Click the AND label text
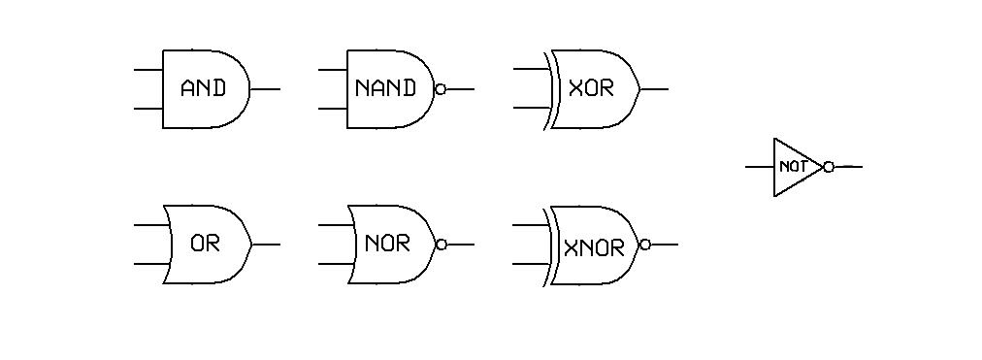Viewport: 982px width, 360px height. [203, 88]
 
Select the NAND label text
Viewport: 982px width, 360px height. [385, 88]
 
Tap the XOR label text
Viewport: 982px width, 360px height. [591, 88]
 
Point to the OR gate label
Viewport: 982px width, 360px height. [205, 244]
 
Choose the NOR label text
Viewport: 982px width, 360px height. [387, 244]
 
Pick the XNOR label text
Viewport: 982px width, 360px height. [594, 247]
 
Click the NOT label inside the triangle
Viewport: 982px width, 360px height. [793, 167]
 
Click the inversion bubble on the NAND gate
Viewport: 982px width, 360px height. [441, 89]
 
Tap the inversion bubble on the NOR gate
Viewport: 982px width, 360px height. [442, 245]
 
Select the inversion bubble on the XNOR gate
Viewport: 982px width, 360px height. [645, 245]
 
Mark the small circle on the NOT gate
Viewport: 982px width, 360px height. [828, 167]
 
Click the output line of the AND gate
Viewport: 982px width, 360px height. [265, 89]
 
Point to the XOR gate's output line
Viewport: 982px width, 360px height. [654, 89]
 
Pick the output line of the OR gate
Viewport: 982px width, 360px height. [266, 245]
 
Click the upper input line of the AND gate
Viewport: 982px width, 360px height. [147, 70]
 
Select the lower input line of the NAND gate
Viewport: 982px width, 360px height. [333, 109]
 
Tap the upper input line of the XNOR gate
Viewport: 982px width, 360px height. [530, 225]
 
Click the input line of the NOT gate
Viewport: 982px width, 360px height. [759, 167]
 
